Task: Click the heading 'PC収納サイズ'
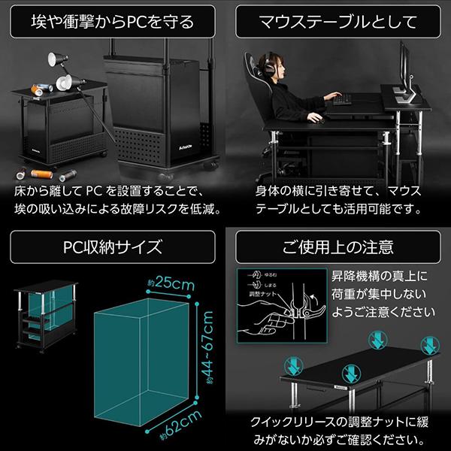(x=113, y=246)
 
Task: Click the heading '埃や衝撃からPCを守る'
(x=113, y=21)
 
